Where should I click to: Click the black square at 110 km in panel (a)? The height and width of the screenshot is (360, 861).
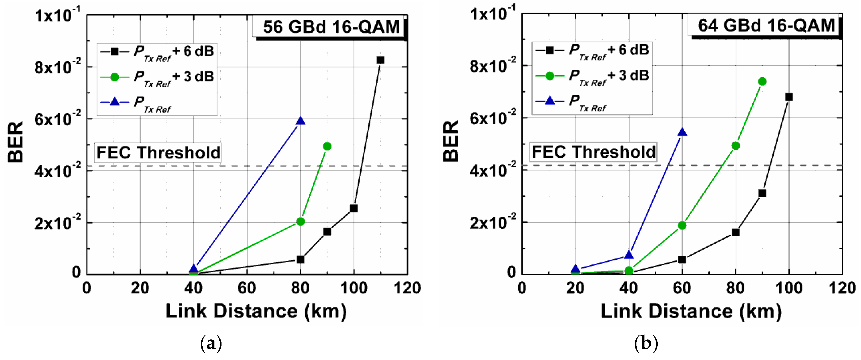coord(380,60)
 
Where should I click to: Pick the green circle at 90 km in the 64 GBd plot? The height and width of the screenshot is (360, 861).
coord(762,81)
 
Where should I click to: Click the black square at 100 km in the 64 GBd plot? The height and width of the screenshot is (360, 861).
coord(789,97)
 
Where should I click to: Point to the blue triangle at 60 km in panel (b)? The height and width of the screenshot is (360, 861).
coord(682,133)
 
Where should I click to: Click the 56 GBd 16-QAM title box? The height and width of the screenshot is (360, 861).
coord(331,27)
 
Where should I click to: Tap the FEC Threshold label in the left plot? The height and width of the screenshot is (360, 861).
coord(158,153)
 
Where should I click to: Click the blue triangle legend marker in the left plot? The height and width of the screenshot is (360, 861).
coord(115,102)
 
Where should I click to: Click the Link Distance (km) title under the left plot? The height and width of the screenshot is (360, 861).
coord(256,311)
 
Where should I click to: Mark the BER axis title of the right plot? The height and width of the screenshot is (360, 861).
coord(451,141)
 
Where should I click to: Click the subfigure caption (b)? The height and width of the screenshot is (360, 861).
coord(646,343)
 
